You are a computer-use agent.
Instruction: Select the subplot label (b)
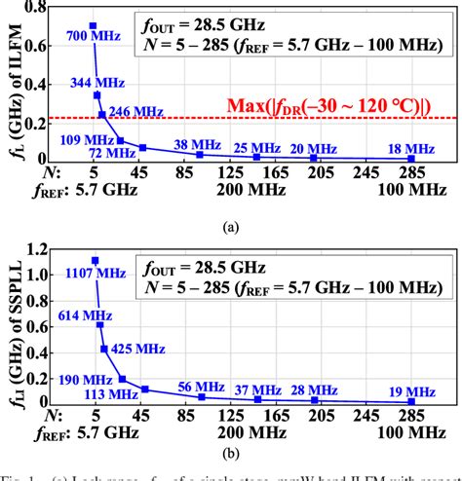231,453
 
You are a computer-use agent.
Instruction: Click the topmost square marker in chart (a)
93,25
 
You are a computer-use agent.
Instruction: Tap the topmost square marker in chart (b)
95,260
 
